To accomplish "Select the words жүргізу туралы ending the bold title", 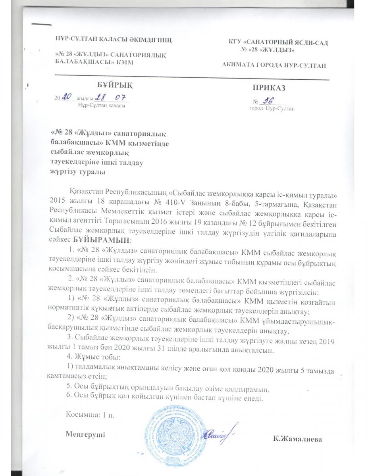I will coord(78,171).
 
